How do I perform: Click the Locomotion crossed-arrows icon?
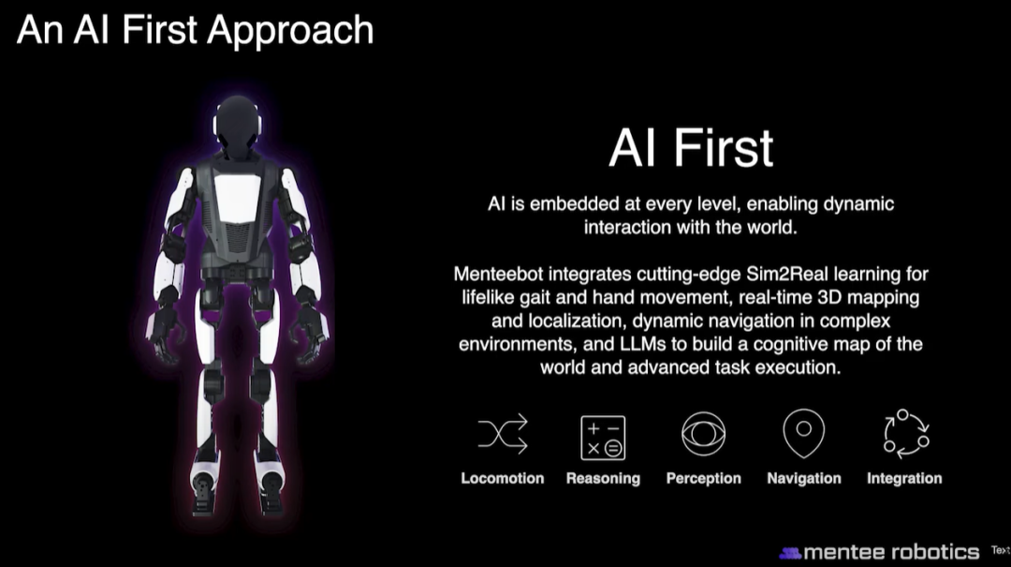click(503, 433)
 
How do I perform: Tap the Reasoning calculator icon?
click(603, 437)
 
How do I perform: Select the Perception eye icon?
click(703, 434)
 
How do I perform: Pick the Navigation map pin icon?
click(803, 433)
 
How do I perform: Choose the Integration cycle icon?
click(906, 433)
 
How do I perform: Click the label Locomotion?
click(503, 479)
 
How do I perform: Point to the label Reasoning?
click(603, 479)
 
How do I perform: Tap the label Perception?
click(703, 479)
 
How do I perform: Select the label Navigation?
click(804, 479)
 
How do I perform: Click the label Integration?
click(904, 479)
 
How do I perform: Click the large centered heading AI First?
click(691, 148)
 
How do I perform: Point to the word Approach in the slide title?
click(290, 32)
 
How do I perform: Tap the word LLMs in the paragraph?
click(643, 344)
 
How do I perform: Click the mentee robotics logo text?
click(891, 552)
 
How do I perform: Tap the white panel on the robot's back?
click(237, 198)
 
